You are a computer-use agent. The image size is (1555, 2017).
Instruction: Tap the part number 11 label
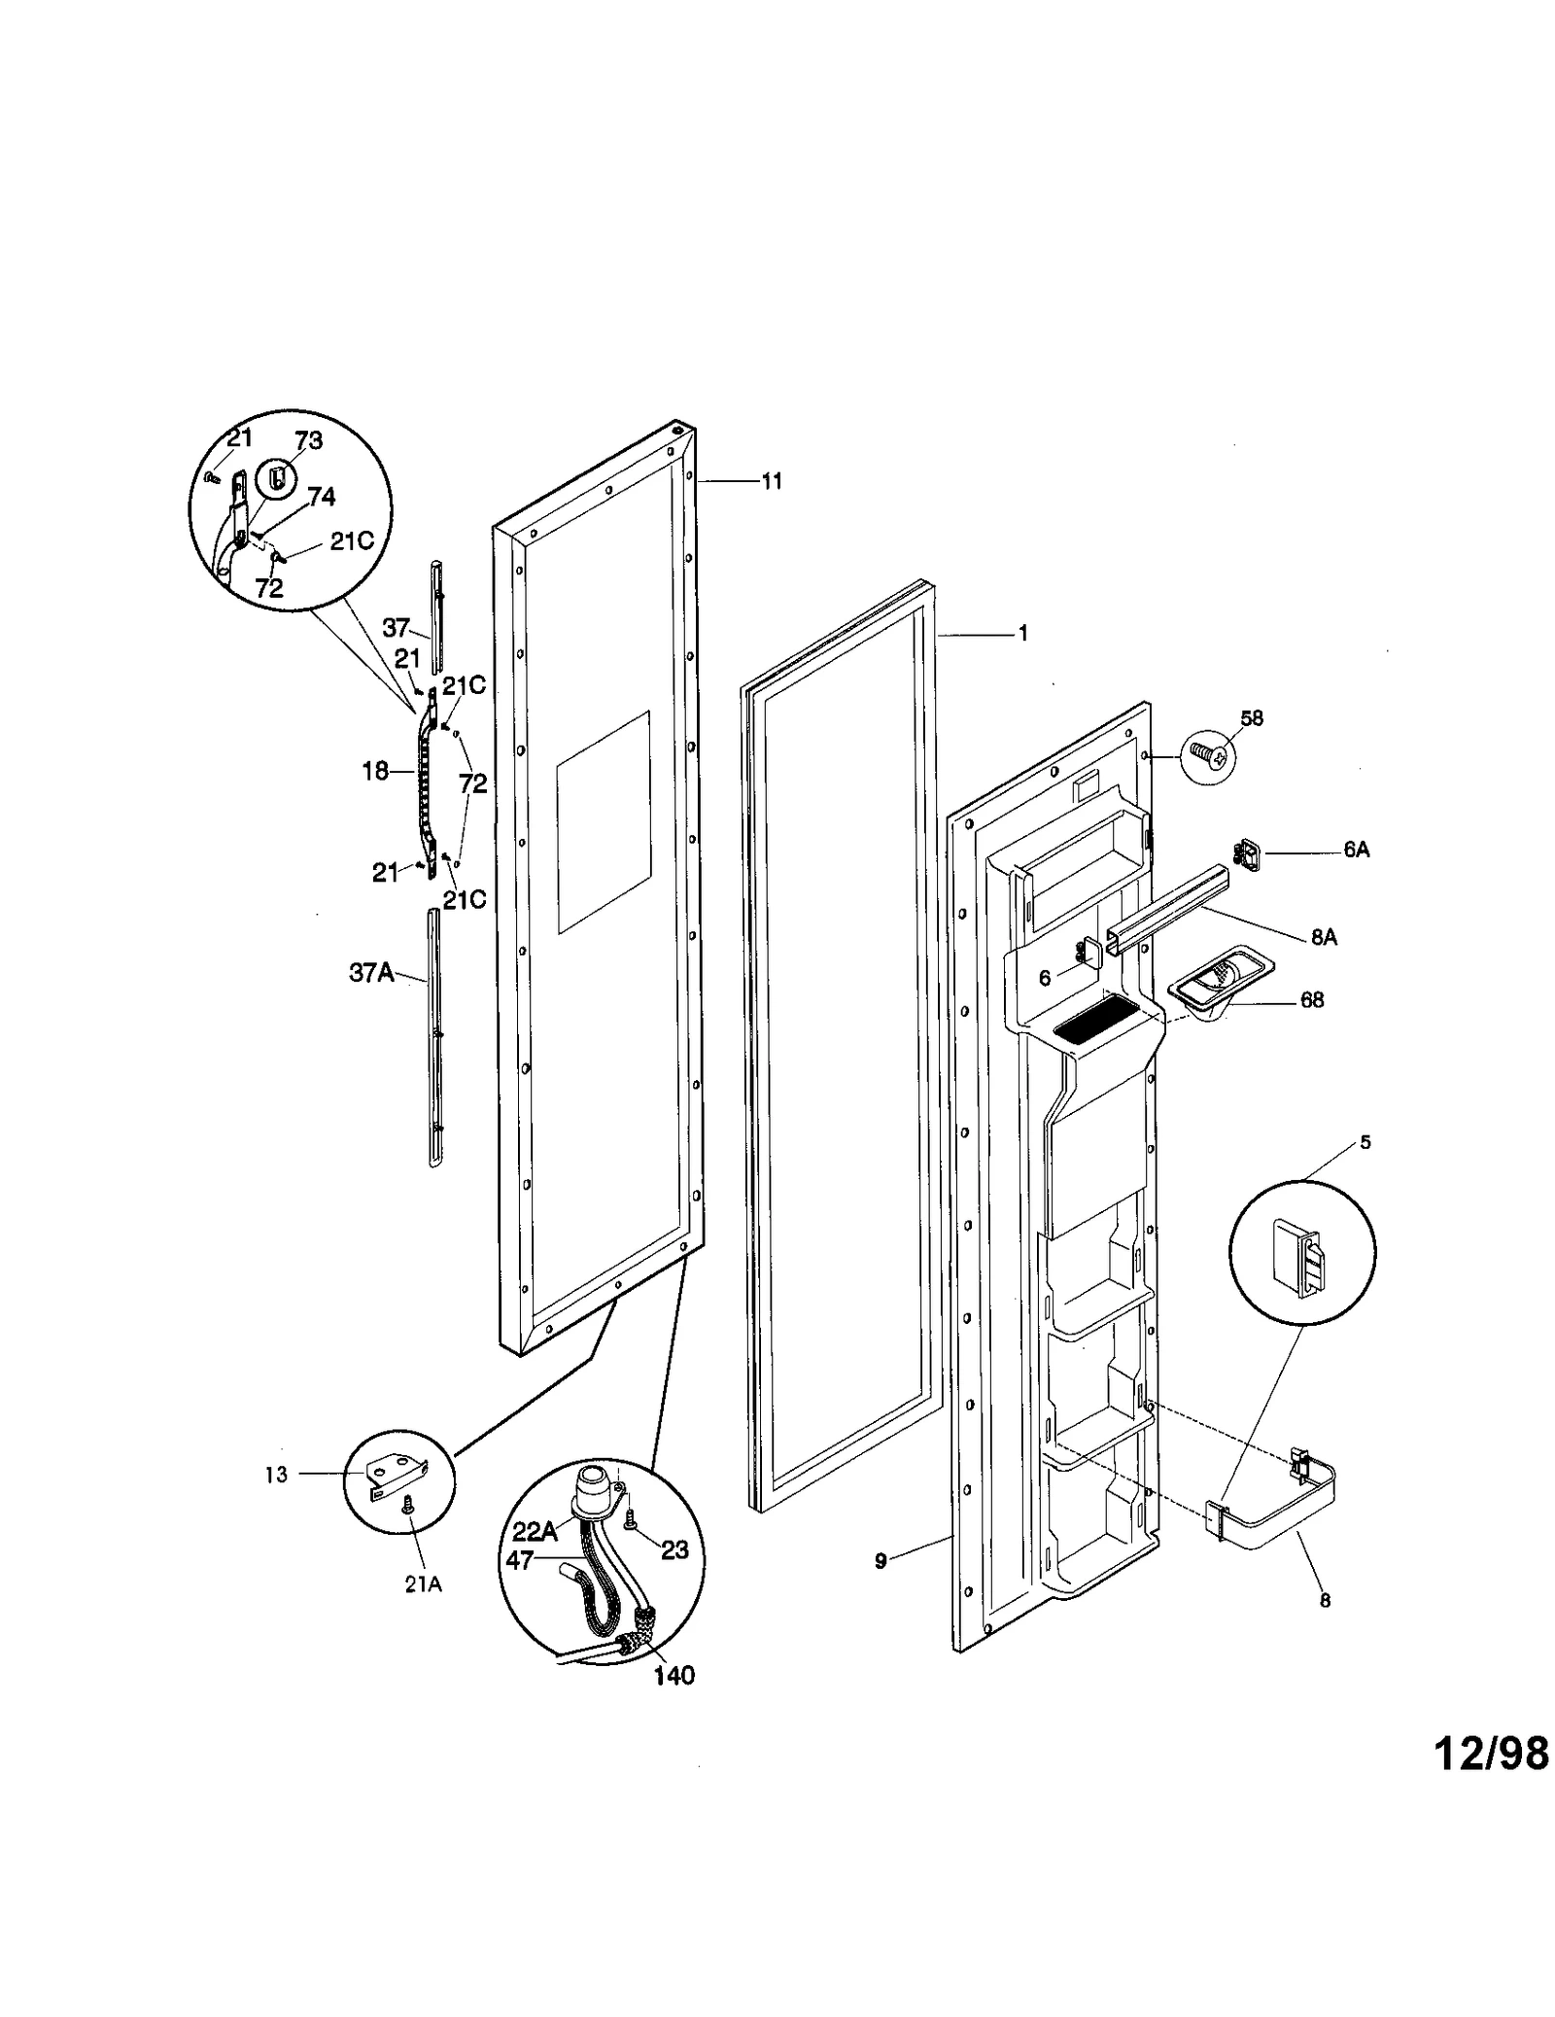[771, 481]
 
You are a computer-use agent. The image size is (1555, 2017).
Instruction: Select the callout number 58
[1252, 718]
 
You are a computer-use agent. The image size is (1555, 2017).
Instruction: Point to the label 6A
[1357, 850]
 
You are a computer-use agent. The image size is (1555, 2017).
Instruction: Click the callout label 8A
[1324, 937]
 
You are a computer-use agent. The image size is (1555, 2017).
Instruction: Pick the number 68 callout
[1312, 1000]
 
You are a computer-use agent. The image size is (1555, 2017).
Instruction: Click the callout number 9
[881, 1562]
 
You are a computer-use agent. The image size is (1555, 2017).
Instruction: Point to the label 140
[674, 1675]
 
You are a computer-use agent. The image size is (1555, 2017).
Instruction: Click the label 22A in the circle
[536, 1531]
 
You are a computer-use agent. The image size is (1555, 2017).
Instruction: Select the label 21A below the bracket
[423, 1583]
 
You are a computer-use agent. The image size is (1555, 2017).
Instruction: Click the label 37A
[371, 972]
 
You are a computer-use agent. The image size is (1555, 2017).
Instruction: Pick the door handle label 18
[375, 771]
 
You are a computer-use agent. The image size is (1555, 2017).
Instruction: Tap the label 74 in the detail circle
[321, 497]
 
